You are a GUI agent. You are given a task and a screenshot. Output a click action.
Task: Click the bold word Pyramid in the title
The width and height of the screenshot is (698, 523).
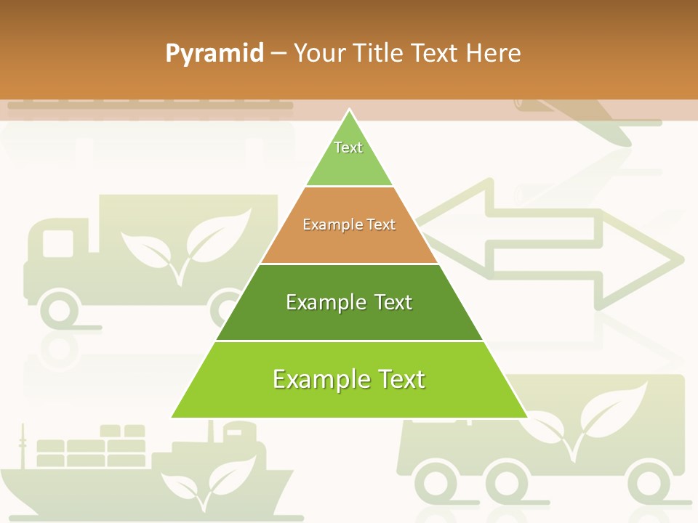(214, 54)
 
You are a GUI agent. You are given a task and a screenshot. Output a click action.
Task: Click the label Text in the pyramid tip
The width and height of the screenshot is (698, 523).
(348, 147)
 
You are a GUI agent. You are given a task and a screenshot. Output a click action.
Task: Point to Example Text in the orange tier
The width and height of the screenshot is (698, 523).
(349, 224)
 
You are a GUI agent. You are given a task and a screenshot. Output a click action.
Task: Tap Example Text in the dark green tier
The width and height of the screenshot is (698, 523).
(349, 302)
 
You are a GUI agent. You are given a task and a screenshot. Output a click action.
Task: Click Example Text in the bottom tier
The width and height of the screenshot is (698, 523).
(349, 379)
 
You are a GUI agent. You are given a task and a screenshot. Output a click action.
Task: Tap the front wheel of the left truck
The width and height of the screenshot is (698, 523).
(60, 310)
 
